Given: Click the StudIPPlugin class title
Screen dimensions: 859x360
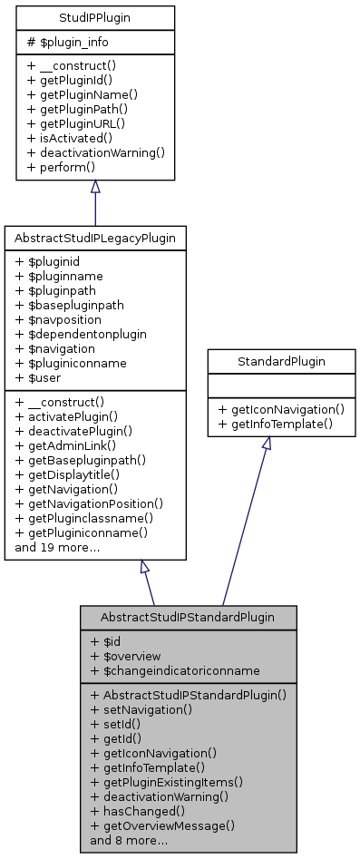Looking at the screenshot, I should tap(95, 16).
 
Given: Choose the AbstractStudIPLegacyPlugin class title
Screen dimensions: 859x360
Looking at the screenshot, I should tap(95, 238).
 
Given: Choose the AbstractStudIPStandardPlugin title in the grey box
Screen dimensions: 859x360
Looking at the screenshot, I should tap(190, 616).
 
